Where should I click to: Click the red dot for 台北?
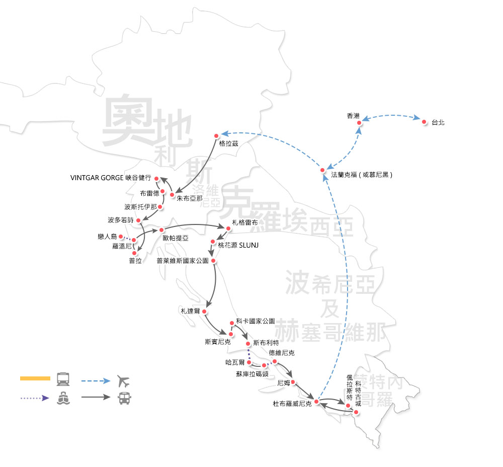[x=424, y=122]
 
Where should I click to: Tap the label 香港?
[x=354, y=116]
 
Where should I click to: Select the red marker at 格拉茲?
[x=216, y=135]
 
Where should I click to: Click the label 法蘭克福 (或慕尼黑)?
[x=361, y=175]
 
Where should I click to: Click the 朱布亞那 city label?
[x=189, y=198]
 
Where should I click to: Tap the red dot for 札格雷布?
[x=228, y=229]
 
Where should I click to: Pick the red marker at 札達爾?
[x=205, y=312]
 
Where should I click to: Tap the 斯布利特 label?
[x=267, y=343]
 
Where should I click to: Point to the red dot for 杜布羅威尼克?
[x=316, y=401]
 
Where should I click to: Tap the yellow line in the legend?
[x=35, y=378]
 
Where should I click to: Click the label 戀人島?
[x=107, y=236]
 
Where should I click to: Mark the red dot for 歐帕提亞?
[x=161, y=229]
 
